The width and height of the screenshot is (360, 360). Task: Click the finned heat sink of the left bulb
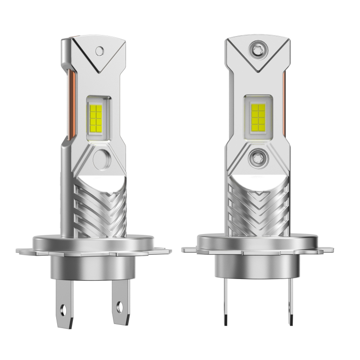(101, 207)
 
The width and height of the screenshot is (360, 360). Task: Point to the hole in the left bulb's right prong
(119, 309)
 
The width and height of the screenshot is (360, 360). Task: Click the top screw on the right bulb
(258, 47)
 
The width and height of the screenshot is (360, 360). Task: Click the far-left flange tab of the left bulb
(20, 250)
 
